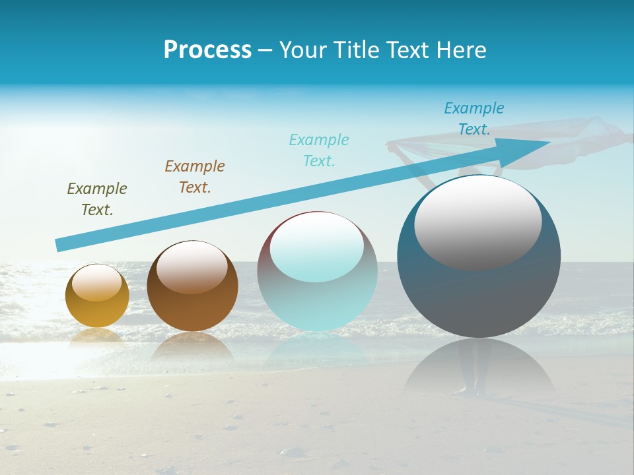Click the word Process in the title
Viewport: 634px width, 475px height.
point(207,49)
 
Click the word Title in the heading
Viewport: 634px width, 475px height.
point(357,49)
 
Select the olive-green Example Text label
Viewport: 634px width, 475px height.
point(97,199)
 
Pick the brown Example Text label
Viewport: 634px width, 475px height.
point(195,177)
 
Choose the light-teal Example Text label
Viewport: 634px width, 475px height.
point(319,150)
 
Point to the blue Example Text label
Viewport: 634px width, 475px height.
point(474,119)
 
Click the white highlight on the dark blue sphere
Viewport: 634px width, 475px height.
point(478,222)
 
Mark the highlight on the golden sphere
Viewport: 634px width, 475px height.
point(97,283)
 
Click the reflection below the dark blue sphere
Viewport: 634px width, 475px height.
point(479,369)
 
